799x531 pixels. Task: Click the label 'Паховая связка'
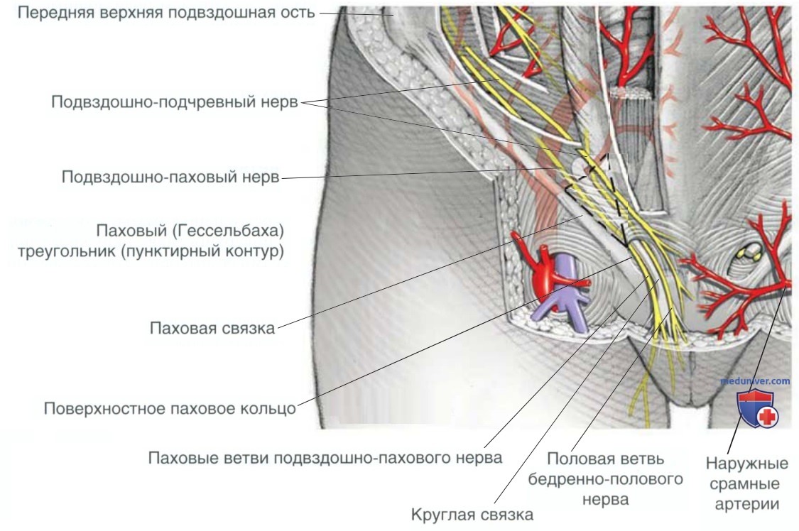coord(212,329)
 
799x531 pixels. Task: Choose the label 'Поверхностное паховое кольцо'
coord(170,409)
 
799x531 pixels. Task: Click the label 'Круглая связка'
coord(472,513)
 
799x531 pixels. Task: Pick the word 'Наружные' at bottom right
coord(746,464)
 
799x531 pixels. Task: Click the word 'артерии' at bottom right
coord(746,504)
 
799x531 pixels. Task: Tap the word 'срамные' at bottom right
coord(746,484)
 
